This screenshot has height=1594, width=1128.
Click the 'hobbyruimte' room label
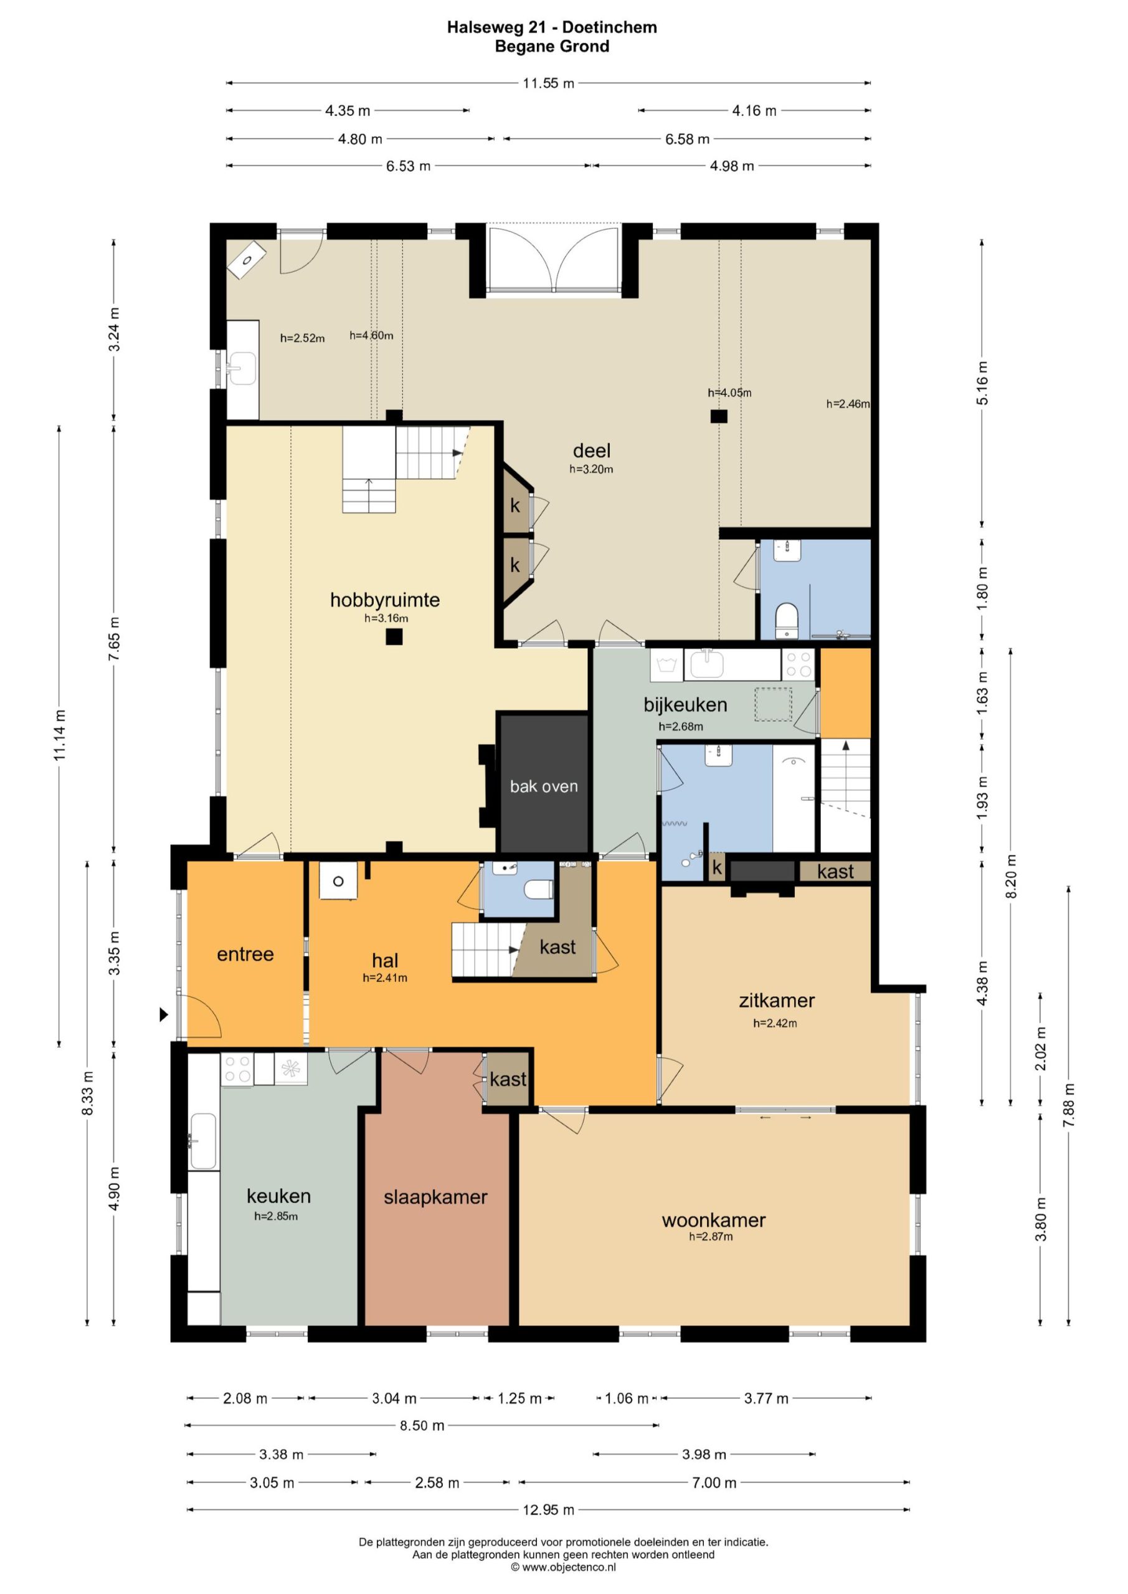point(385,599)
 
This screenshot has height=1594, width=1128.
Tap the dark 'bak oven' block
point(544,783)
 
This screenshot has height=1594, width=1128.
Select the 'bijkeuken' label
point(685,705)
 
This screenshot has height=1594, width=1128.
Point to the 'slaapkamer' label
point(435,1197)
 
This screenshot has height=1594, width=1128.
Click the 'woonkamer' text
point(713,1220)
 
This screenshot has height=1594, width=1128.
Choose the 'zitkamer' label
point(777,1001)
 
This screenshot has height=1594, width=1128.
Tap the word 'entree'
point(245,954)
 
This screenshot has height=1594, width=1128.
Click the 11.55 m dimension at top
point(549,83)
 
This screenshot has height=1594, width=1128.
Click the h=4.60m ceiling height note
point(372,336)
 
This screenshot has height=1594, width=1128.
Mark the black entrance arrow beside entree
point(164,1014)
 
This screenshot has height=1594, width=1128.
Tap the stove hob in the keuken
point(237,1069)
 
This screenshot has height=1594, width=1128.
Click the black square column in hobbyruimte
point(394,636)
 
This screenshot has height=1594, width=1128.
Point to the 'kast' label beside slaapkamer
point(508,1079)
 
